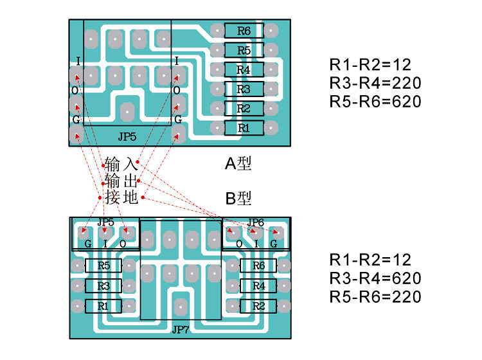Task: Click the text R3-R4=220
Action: click(375, 83)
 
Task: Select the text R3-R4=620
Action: click(375, 278)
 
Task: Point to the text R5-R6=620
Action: click(375, 102)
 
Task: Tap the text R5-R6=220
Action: click(375, 297)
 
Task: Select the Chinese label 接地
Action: click(121, 197)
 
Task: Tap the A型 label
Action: click(238, 164)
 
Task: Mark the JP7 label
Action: click(181, 330)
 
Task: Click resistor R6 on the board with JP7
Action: click(258, 265)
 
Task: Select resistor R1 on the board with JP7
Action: click(103, 306)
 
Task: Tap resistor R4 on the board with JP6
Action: click(258, 285)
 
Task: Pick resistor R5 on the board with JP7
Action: click(103, 265)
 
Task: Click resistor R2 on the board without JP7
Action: click(244, 108)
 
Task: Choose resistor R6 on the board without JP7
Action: click(244, 30)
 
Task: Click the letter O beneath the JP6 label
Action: click(239, 244)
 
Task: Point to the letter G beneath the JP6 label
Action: click(273, 244)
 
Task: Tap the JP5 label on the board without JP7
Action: click(127, 137)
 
